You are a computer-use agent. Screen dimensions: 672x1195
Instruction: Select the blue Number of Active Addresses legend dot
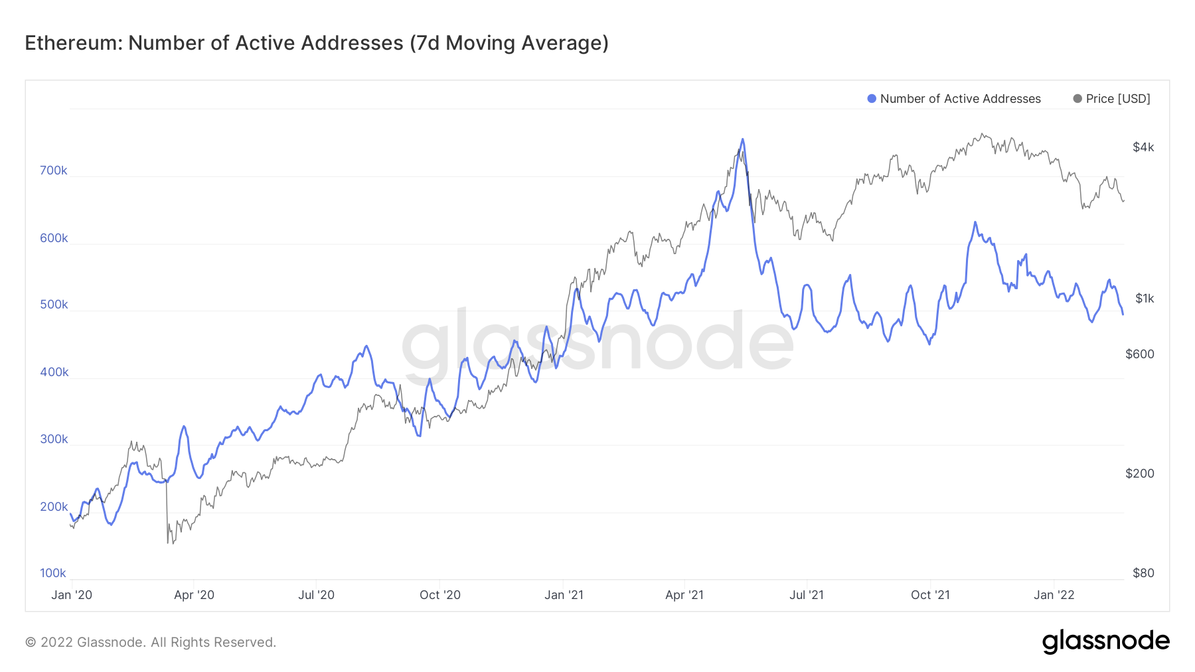872,99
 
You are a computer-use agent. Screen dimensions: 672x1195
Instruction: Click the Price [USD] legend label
1117,99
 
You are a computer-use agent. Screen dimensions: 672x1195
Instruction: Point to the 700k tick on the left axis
53,170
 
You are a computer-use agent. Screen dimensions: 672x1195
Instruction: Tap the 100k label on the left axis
53,573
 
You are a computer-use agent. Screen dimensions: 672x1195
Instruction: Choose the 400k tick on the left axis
54,372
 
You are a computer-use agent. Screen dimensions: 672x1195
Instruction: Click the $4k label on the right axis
1143,147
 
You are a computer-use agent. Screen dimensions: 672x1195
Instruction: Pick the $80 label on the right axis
1143,573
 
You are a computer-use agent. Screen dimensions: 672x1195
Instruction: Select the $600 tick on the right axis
1140,354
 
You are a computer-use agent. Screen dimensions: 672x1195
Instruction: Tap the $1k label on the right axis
1145,299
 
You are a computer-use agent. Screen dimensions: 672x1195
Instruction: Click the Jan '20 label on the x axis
72,595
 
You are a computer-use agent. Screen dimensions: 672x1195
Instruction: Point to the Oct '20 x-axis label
439,595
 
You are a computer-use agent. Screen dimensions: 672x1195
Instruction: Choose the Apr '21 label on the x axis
684,595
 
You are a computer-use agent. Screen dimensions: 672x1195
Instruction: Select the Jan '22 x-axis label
1054,595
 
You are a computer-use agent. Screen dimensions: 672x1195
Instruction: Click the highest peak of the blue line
742,139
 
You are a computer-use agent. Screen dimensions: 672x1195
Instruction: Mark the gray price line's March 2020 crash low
168,543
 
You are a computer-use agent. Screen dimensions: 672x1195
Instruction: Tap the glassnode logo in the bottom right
1105,641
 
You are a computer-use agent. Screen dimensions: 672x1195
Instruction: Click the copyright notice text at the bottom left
151,642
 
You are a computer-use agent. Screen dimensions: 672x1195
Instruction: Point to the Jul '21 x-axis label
807,595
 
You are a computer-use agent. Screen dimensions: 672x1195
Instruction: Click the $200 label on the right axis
1140,474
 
